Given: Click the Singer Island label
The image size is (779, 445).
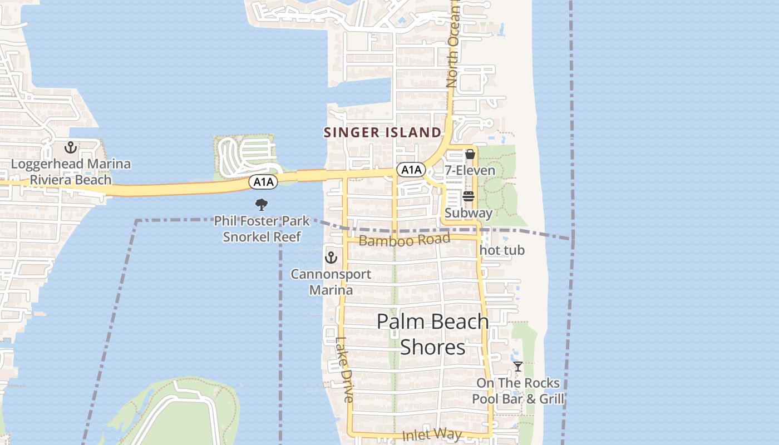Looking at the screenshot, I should [x=382, y=132].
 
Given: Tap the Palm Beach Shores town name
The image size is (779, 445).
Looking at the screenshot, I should [x=433, y=334].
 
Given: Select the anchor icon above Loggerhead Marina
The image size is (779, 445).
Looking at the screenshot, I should [x=71, y=148].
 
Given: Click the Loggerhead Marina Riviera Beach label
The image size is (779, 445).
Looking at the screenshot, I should [x=71, y=172].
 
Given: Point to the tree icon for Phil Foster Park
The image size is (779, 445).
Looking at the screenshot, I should [x=262, y=204].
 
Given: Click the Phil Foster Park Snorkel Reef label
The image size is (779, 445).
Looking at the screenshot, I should [x=262, y=229].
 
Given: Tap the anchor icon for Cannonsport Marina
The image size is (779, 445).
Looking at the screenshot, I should [x=331, y=258].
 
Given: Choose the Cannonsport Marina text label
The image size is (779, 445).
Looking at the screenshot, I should [x=331, y=282].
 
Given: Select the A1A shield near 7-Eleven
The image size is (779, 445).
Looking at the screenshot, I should [x=411, y=169].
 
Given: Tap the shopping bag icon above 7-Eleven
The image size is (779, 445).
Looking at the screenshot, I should [x=470, y=154].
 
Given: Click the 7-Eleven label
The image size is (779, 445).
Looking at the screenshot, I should [x=470, y=170].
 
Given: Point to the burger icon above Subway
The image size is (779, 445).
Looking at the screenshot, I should [x=469, y=196].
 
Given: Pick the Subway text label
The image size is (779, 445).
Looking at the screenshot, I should [x=469, y=213].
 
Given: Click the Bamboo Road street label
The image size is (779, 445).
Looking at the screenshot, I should [x=405, y=240].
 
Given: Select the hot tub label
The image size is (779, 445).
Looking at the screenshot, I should [x=502, y=250].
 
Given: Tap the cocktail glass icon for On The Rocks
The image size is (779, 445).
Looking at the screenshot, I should [x=518, y=367].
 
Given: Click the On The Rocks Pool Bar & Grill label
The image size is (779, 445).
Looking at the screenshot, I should [x=518, y=391].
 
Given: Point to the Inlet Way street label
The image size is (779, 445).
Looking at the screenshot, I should [x=433, y=434].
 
